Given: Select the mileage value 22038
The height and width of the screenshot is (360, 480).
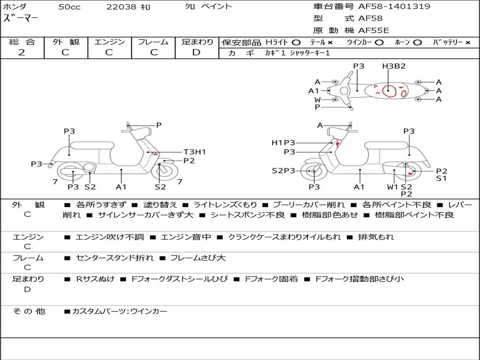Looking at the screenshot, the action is (121, 7).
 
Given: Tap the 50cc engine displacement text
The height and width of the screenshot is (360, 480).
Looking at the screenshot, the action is (69, 7).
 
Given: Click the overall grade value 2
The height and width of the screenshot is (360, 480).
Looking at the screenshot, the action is (22, 52).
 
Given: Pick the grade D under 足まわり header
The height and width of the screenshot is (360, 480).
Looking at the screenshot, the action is (196, 52).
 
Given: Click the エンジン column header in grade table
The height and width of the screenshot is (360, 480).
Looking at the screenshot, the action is (109, 42).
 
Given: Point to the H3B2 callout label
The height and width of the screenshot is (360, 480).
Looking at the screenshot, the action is (393, 66).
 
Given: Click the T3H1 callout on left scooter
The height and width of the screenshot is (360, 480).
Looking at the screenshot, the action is (195, 152).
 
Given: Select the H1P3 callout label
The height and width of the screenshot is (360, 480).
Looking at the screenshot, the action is (283, 142).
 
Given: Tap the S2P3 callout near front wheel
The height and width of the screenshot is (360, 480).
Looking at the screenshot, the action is (284, 171).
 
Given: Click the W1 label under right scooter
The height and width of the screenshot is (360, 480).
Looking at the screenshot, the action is (392, 187).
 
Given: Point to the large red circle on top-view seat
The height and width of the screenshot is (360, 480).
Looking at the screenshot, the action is (388, 90).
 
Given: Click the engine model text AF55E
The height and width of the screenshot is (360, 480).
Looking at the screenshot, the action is (374, 30).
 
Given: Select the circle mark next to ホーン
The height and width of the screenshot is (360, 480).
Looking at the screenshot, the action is (418, 42).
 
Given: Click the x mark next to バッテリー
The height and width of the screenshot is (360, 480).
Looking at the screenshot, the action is (467, 42).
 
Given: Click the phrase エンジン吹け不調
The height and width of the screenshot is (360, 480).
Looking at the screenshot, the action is (110, 237).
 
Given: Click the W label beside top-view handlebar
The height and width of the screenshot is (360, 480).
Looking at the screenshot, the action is (317, 99).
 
